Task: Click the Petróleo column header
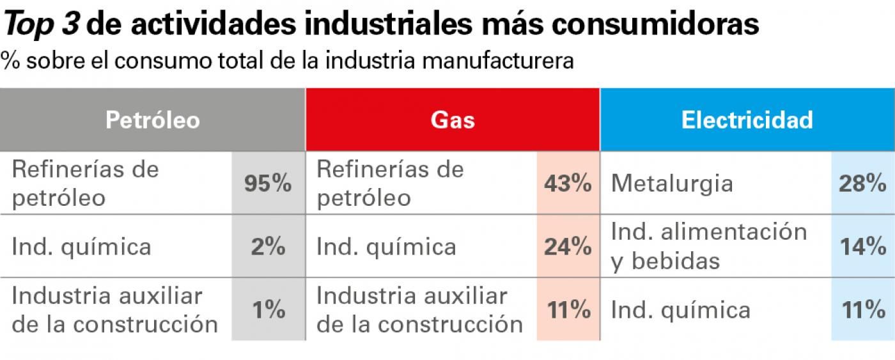[x=153, y=120]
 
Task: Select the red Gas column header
[x=453, y=120]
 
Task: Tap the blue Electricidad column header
[x=747, y=120]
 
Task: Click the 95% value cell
[x=268, y=184]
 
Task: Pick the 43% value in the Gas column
[x=568, y=184]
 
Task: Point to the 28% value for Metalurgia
[x=862, y=184]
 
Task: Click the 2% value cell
[x=268, y=247]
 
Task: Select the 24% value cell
[x=568, y=247]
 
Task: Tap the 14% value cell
[x=862, y=247]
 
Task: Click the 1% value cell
[x=268, y=310]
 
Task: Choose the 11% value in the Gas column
[x=568, y=310]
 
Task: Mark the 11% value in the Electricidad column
[x=862, y=310]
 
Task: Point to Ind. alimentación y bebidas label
[x=709, y=247]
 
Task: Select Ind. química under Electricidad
[x=681, y=311]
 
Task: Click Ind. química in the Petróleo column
[x=82, y=247]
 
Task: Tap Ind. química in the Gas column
[x=387, y=247]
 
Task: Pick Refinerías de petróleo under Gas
[x=390, y=184]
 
